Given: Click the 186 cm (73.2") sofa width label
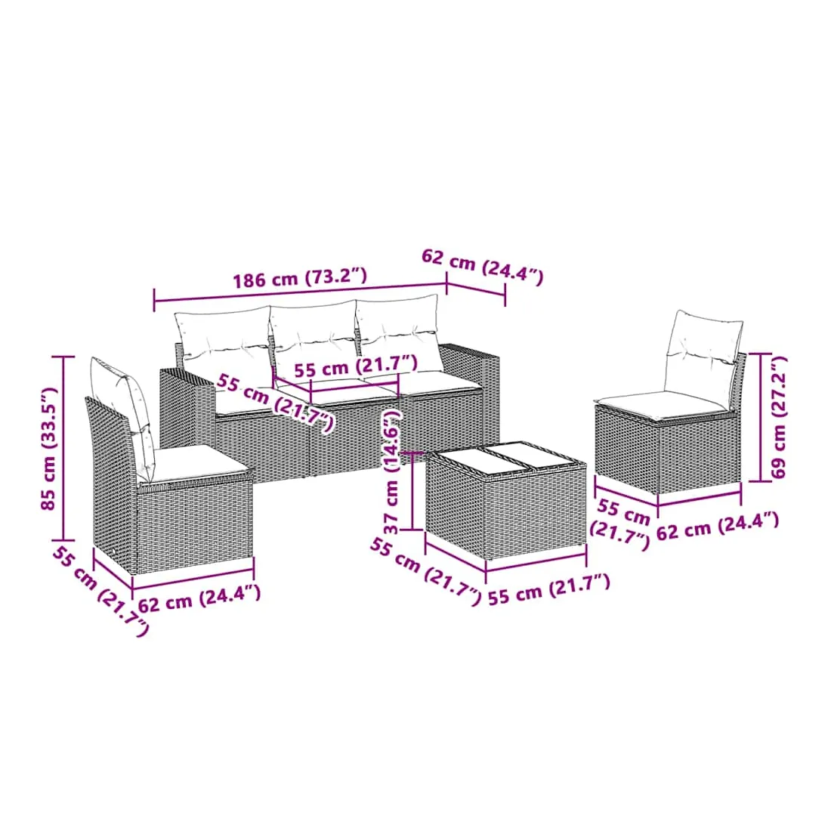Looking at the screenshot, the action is click(300, 277).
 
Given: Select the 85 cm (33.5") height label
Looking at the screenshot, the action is click(48, 448).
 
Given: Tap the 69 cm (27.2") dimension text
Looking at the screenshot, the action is click(779, 418).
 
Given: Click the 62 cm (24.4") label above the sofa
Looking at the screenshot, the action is click(483, 267).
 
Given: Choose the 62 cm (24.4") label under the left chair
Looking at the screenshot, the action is click(199, 598).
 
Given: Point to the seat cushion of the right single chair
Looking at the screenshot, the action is click(662, 404).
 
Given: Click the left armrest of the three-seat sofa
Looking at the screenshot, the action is click(187, 409).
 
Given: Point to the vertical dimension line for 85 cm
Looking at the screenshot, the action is click(65, 448).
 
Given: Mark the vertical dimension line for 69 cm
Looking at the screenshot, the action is click(760, 418).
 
